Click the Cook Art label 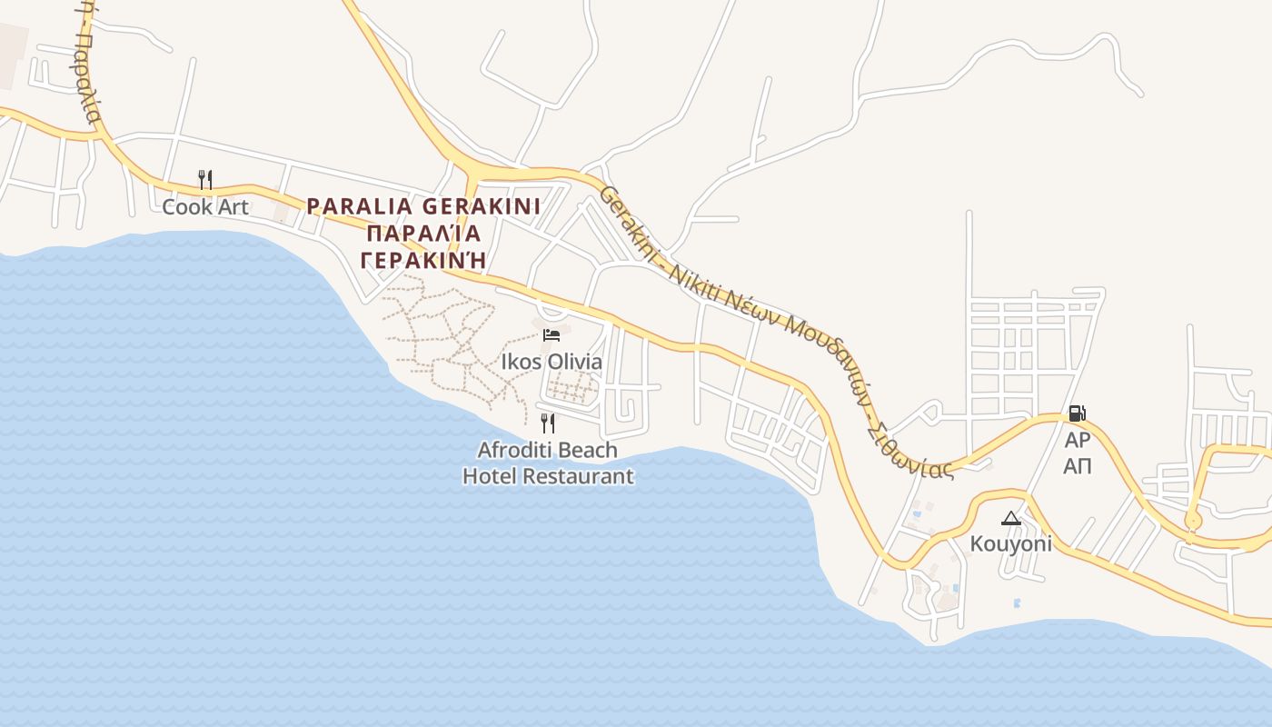[x=205, y=207]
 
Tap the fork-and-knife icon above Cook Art [x=205, y=179]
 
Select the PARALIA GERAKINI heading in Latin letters [x=423, y=206]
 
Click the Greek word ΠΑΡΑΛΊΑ [x=423, y=234]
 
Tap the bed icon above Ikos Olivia [x=551, y=335]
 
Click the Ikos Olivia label [x=552, y=362]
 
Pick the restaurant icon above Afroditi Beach [x=548, y=423]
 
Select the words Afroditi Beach [x=548, y=450]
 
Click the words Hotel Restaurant [x=548, y=476]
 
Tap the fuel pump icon [x=1077, y=413]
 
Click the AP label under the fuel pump [x=1077, y=441]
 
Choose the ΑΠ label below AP [x=1078, y=467]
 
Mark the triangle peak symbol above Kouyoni [x=1010, y=518]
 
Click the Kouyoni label [x=1011, y=544]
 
